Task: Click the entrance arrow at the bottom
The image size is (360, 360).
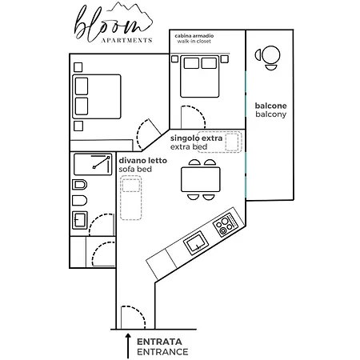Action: point(128,346)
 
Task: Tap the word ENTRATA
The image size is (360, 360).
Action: point(159,342)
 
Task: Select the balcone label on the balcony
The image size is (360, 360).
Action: point(270,106)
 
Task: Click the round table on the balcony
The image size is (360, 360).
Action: point(271,55)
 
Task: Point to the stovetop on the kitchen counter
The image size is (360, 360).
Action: point(226,225)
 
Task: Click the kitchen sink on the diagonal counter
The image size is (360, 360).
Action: point(196,243)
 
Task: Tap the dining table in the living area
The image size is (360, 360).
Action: point(201,179)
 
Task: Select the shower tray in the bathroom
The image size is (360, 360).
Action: point(93,164)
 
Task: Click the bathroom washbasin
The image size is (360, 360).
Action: point(80,220)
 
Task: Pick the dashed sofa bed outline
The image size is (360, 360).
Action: point(130,198)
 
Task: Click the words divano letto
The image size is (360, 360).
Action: point(142,161)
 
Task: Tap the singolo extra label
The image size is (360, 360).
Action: point(196,138)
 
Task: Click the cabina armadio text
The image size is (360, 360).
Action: point(194,36)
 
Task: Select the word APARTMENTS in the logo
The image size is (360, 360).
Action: point(126,40)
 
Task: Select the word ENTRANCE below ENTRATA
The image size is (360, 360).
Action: point(162,352)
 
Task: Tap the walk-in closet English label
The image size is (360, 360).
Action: point(194,42)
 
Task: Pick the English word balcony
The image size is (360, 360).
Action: point(270,114)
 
